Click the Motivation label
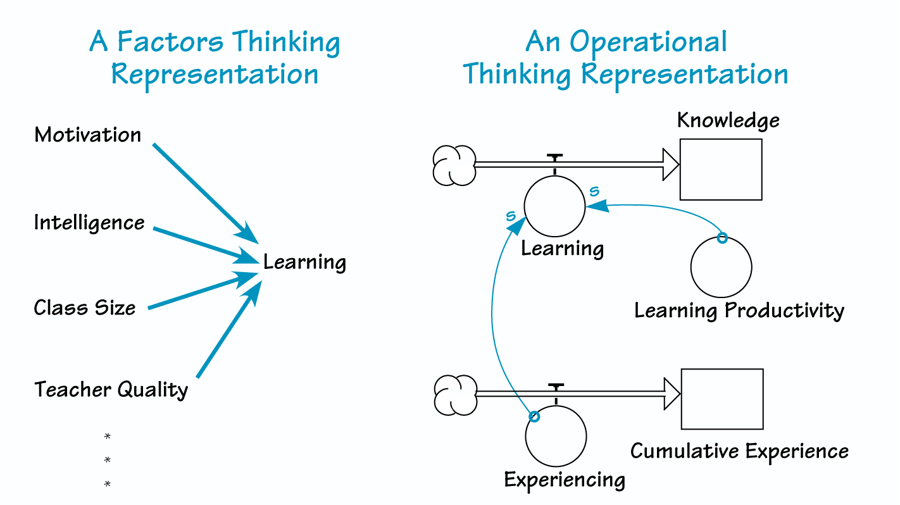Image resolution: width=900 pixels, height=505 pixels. pos(88,135)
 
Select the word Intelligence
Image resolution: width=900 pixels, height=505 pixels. pos(89,223)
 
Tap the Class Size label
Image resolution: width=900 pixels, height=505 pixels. pos(85,308)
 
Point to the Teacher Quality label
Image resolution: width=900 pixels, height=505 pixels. pos(111,389)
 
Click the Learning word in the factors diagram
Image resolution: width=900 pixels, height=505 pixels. pos(305,261)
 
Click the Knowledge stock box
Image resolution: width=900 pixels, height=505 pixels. pos(721,170)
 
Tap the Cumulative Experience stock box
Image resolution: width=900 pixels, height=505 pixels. pos(722,399)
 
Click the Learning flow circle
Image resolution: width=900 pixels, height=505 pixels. pos(555,206)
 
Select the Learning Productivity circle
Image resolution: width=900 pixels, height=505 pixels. pos(721,267)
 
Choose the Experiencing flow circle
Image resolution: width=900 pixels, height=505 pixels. pos(556,435)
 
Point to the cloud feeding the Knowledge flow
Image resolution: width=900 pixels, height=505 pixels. pos(454,165)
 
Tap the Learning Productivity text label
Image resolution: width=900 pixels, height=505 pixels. pos(739,311)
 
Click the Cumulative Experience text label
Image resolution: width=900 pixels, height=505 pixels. pos(739,451)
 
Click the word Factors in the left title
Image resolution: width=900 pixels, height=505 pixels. pos(170,42)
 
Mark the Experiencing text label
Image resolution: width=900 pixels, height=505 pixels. pos(565,480)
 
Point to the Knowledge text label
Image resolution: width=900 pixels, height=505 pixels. pos(728,120)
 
